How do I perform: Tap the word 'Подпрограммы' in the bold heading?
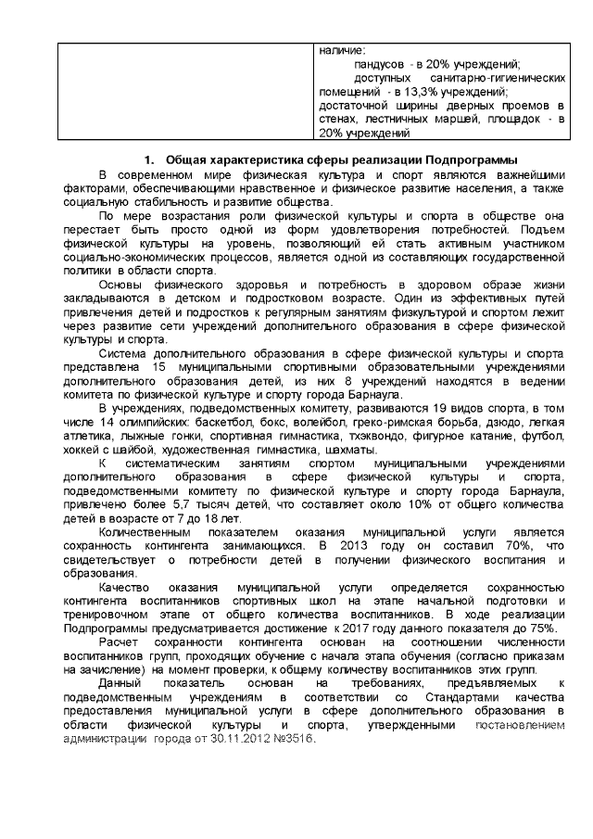click(x=466, y=159)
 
